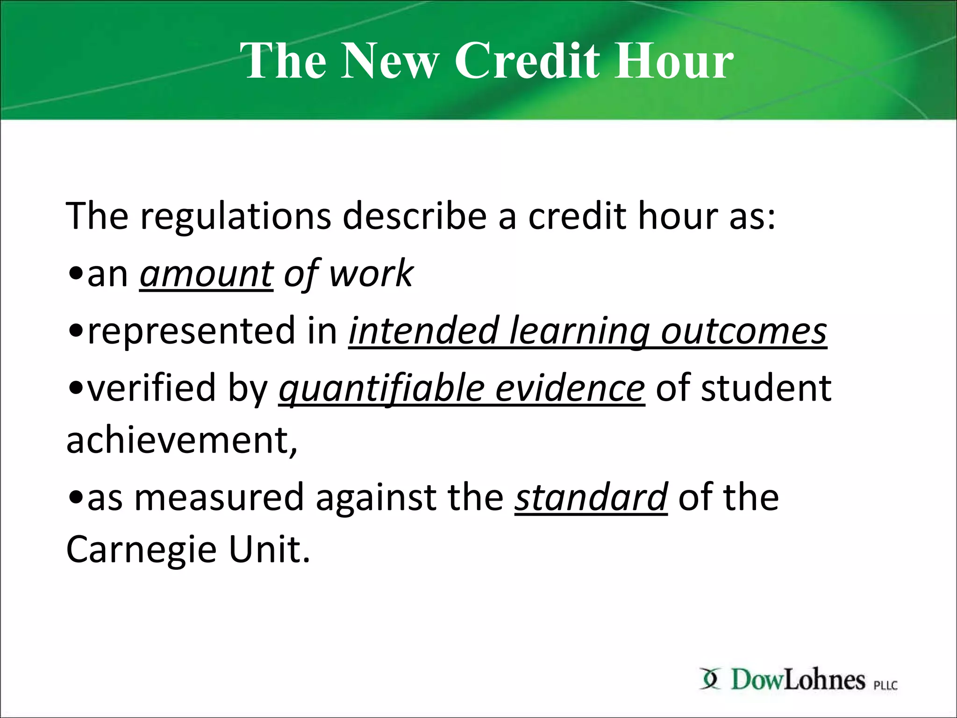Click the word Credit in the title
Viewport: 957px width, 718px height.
(x=528, y=61)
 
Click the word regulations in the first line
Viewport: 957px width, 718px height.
(x=235, y=216)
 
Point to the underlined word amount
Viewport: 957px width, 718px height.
(x=206, y=274)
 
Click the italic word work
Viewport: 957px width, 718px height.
(x=371, y=274)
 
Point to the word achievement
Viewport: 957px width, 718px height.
(x=181, y=441)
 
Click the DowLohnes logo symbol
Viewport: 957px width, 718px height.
(x=710, y=679)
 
